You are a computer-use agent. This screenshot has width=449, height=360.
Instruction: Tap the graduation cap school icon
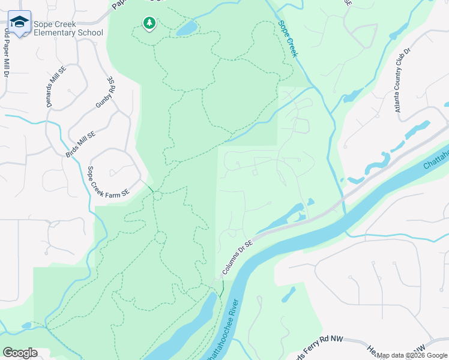19,23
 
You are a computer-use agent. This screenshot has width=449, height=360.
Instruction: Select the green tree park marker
149,23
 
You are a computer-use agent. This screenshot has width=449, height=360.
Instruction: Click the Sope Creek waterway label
288,39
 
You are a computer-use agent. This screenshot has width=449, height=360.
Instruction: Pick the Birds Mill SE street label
80,145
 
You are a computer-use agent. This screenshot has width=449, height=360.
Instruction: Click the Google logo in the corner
20,353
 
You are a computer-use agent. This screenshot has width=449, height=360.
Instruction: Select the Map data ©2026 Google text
412,355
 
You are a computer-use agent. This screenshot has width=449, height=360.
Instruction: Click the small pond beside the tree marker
186,28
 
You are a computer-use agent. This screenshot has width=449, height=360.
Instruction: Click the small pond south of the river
289,294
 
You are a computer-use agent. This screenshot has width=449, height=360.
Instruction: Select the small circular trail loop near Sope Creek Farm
157,195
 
